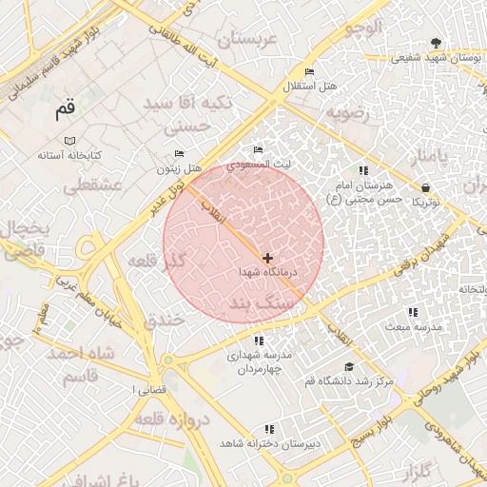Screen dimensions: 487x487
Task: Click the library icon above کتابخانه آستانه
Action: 71,141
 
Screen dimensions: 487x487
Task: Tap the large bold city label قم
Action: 65,109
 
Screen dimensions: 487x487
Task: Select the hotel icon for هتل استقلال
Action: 309,72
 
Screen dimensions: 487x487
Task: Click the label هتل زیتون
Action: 180,169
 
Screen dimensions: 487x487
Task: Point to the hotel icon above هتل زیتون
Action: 180,155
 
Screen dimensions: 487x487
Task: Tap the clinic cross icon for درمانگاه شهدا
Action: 267,258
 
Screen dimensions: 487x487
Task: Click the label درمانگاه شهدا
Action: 268,272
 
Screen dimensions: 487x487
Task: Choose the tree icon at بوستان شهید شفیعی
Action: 436,43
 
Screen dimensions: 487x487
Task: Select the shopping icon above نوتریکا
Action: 424,188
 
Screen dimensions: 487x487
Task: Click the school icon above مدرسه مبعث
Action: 412,312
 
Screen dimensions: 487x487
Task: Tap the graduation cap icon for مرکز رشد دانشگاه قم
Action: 349,367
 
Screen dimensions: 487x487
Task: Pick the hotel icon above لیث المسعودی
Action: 258,150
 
